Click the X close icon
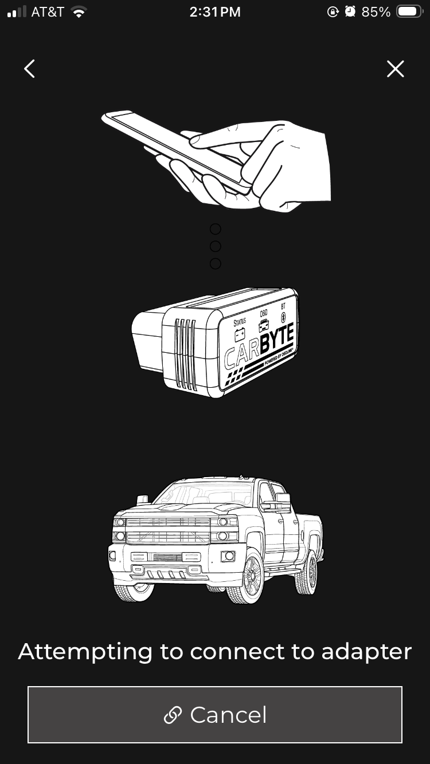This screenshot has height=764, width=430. coord(395,69)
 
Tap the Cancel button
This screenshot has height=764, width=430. coord(215,714)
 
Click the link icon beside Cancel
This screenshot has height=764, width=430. coord(173,715)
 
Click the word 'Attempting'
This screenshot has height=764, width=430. coord(85,652)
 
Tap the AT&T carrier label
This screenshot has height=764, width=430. coord(48,12)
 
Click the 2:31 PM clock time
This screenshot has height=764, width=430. coord(215,12)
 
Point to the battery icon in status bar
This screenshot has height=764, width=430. coord(409,12)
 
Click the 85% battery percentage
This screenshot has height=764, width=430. coord(376,12)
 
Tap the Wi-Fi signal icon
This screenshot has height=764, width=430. coord(79,12)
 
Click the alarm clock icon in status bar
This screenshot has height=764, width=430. coord(350,12)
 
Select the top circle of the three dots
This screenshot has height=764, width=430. coord(215,229)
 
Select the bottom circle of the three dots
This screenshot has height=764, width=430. coord(215,263)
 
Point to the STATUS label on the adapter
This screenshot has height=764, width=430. coord(240,322)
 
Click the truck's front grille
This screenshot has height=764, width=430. coord(167,530)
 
